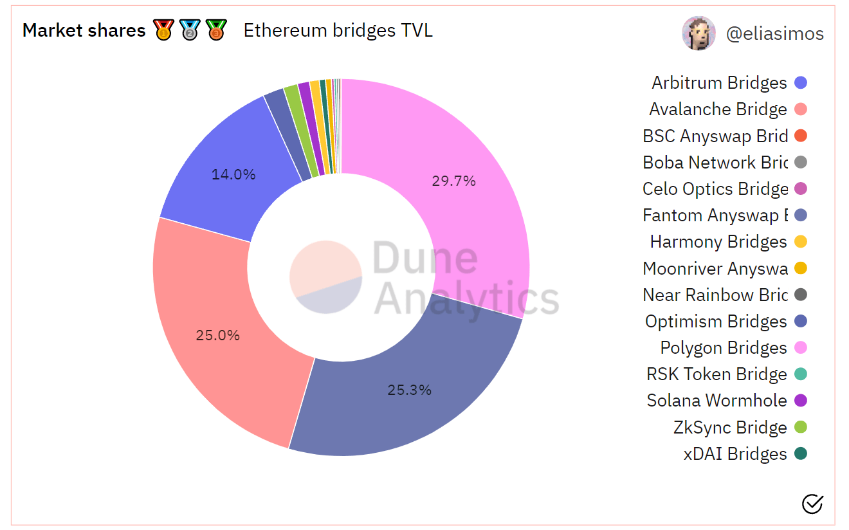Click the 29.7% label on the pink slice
click(x=453, y=181)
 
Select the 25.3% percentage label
click(x=409, y=390)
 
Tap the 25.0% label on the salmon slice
click(x=217, y=335)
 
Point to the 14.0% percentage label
click(x=233, y=174)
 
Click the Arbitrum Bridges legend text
click(x=719, y=83)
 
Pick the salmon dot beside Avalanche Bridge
click(x=801, y=109)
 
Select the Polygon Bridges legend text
click(x=723, y=348)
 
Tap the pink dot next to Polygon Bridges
click(x=801, y=348)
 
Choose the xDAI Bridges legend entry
click(x=735, y=454)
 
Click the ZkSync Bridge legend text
click(x=730, y=428)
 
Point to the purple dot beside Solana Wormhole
click(x=801, y=401)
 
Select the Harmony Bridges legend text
click(x=718, y=242)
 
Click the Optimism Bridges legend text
click(x=716, y=322)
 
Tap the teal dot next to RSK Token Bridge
click(x=801, y=374)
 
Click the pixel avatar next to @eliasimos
click(x=698, y=33)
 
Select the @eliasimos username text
click(x=774, y=34)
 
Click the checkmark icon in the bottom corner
click(x=812, y=504)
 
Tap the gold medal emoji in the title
click(x=163, y=30)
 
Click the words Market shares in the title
click(x=84, y=30)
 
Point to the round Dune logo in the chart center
click(x=325, y=277)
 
